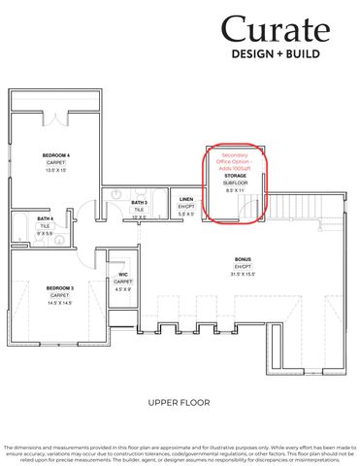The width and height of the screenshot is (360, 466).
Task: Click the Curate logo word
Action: [276, 30]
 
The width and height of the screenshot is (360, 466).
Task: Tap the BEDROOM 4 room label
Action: [56, 155]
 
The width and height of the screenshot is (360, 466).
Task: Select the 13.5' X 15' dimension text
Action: [56, 170]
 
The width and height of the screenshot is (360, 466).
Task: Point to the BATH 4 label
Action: [18, 220]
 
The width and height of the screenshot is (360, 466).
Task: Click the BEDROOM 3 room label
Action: [60, 288]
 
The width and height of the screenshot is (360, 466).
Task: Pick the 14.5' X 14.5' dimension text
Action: [60, 303]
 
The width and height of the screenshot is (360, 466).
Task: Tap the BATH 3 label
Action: [140, 202]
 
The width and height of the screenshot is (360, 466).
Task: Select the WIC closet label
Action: [123, 275]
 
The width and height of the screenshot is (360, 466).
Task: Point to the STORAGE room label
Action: [235, 176]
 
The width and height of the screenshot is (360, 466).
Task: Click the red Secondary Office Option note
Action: [235, 161]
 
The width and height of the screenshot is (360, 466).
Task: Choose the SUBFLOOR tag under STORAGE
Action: [235, 183]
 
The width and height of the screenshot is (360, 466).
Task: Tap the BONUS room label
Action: [243, 259]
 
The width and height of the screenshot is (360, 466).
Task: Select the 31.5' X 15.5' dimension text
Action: [243, 274]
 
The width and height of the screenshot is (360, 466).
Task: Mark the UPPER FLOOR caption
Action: [180, 401]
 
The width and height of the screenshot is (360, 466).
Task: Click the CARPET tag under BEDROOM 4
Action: [56, 162]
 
